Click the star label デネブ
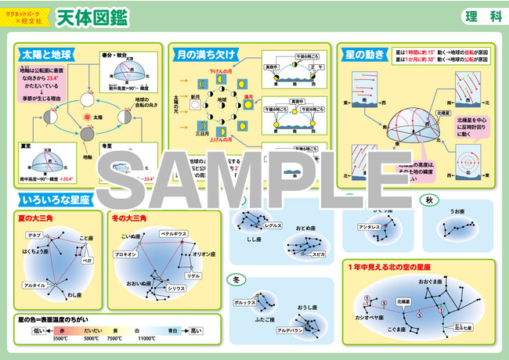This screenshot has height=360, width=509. [34, 235]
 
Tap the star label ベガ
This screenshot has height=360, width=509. [87, 259]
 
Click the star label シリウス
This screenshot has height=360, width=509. [175, 288]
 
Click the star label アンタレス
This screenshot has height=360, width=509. [370, 226]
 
